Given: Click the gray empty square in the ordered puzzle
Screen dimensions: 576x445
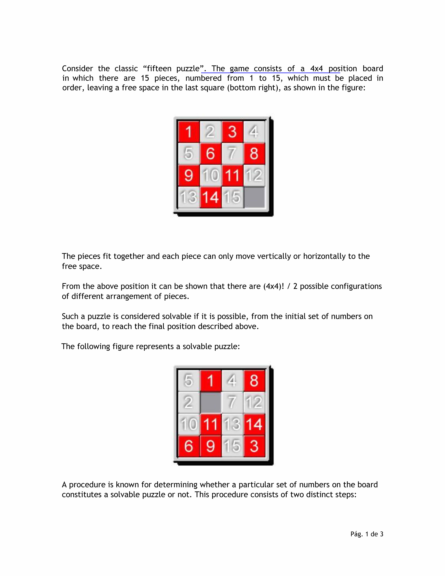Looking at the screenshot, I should point(254,197).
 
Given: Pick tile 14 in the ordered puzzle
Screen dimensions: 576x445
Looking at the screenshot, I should point(210,197).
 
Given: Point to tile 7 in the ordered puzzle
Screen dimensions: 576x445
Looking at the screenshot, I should point(232,154).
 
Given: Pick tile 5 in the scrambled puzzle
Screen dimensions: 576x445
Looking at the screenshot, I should point(189,381).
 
